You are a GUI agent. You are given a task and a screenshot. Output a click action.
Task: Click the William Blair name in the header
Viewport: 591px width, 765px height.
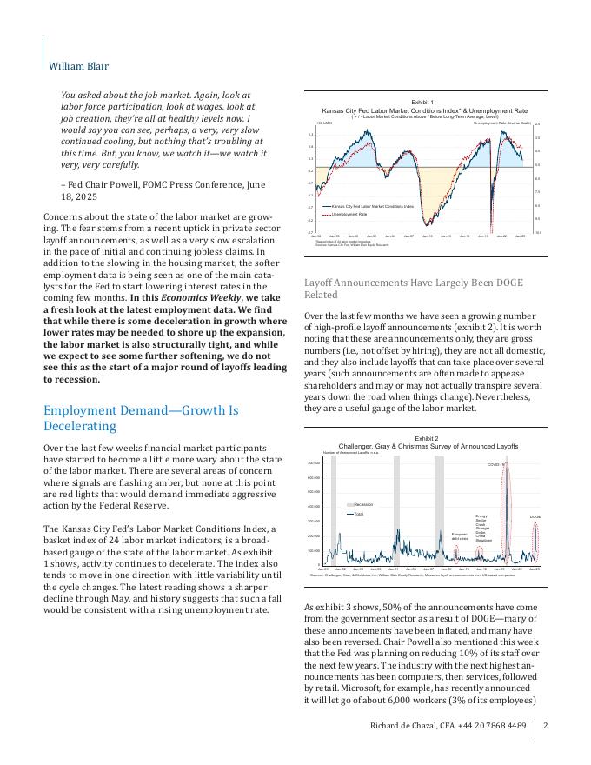click(x=78, y=65)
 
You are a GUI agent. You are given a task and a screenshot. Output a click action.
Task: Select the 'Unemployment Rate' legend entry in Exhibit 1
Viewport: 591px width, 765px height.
click(x=349, y=213)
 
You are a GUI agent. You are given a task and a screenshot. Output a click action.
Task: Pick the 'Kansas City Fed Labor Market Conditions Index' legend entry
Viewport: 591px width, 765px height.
click(x=373, y=206)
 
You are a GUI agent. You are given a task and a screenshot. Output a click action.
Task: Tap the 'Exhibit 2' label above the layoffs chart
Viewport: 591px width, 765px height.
click(x=426, y=439)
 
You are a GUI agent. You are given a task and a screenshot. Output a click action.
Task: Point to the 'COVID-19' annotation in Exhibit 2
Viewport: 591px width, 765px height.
click(x=495, y=465)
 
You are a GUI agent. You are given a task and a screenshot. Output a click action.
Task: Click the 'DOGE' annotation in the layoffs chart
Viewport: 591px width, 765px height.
click(x=535, y=517)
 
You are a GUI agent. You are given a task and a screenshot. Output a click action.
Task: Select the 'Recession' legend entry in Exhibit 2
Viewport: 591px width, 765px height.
click(x=363, y=504)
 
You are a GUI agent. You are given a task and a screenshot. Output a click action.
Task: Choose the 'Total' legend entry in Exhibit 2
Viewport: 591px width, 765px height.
click(x=358, y=514)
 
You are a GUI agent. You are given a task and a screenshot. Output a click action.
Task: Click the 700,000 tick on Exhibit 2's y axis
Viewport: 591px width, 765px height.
click(x=315, y=462)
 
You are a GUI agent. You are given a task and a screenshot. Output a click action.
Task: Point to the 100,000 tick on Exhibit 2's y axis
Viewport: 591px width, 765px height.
click(x=315, y=550)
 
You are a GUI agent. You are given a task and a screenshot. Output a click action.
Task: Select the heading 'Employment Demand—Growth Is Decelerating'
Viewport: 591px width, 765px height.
click(x=141, y=418)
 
